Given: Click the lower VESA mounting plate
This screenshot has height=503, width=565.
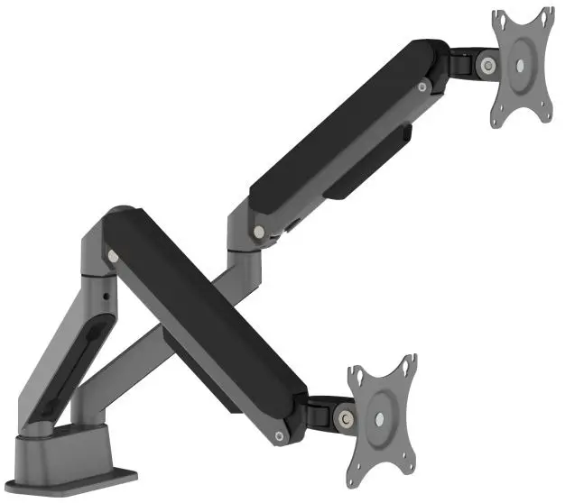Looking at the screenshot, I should tap(382, 419).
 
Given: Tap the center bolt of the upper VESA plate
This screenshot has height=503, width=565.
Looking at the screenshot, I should tap(522, 66).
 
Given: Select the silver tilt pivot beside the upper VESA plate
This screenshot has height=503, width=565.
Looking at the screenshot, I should tap(487, 65).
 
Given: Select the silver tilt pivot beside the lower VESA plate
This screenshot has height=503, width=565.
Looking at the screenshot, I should tap(343, 418).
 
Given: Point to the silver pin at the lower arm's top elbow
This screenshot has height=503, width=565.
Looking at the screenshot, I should tap(113, 255).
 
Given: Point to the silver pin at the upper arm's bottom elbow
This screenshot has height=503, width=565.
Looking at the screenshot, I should tap(260, 232).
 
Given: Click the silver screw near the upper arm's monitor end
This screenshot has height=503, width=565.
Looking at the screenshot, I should tap(422, 87).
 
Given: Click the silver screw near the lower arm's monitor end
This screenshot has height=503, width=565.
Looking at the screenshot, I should tap(280, 437).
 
